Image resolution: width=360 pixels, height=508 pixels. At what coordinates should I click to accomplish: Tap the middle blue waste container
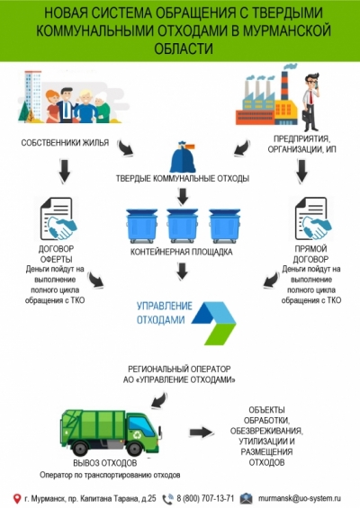pos(183,226)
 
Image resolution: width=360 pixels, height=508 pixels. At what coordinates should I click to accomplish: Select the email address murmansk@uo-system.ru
pos(300,498)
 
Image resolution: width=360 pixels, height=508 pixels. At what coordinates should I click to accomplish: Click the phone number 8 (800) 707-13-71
pos(205,498)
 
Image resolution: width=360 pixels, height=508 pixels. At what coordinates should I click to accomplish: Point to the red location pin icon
pos(17,499)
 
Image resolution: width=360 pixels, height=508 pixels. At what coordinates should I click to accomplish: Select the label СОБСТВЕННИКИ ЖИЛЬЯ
pos(65,143)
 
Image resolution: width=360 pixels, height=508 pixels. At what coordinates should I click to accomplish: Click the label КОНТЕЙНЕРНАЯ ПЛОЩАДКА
pos(181,252)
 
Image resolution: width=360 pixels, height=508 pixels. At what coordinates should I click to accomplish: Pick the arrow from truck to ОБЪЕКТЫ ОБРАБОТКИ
pos(201,432)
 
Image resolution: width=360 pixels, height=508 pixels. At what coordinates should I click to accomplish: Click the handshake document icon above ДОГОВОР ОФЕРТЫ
pos(58,219)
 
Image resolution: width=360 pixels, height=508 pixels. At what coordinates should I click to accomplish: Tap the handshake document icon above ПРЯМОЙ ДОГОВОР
pos(312,219)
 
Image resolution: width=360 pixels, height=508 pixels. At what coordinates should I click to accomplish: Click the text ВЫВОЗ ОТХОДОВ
pos(105,463)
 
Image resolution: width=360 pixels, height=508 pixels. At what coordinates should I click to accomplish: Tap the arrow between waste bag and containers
pos(183,196)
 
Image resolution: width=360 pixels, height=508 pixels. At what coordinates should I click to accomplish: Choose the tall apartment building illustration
pos(33,96)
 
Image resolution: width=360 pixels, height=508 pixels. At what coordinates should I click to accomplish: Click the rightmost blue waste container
pos(224,226)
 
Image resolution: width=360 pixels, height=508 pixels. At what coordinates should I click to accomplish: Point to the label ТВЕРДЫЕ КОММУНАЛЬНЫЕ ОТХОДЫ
pos(183,179)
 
